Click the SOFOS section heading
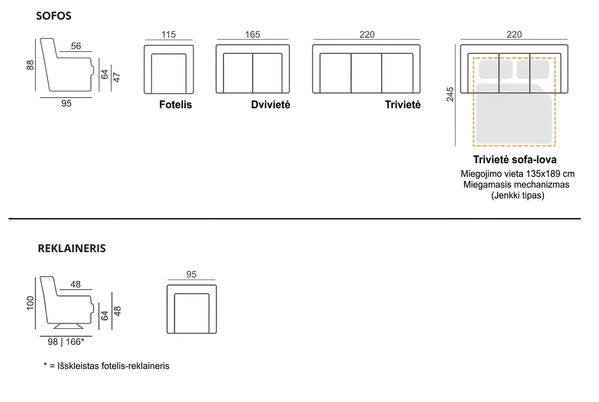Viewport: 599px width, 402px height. point(54,16)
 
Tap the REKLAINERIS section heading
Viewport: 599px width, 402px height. point(72,248)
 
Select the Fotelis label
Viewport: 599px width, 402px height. point(175,105)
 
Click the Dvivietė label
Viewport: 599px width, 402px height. point(270,105)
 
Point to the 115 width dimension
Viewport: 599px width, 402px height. point(169,35)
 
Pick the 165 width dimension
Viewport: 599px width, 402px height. point(253,35)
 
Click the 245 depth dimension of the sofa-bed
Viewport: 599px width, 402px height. point(450,94)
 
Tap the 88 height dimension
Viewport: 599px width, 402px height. point(30,65)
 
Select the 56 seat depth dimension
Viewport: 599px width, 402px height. point(76,46)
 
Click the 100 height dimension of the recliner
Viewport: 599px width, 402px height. point(30,303)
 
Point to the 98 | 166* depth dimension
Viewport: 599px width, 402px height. point(66,342)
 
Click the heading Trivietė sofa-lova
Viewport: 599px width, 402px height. point(515,160)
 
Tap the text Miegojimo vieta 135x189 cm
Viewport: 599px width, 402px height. point(517,174)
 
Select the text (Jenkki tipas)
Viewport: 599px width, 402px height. point(517,195)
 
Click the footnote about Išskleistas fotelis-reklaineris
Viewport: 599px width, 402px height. point(107,366)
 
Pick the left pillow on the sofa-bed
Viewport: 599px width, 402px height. point(496,70)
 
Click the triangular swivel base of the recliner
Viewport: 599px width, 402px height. point(68,326)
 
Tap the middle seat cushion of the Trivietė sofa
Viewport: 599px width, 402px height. point(366,73)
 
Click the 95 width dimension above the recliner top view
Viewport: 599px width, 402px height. point(191,274)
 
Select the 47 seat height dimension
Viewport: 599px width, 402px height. point(117,78)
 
